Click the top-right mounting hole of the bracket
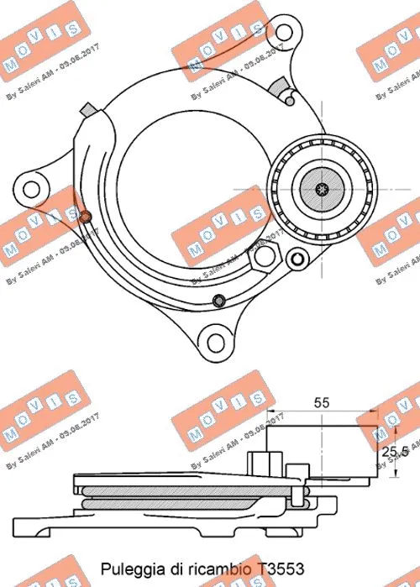point(285,34)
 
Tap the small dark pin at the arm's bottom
point(219,300)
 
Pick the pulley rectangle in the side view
point(320,453)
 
